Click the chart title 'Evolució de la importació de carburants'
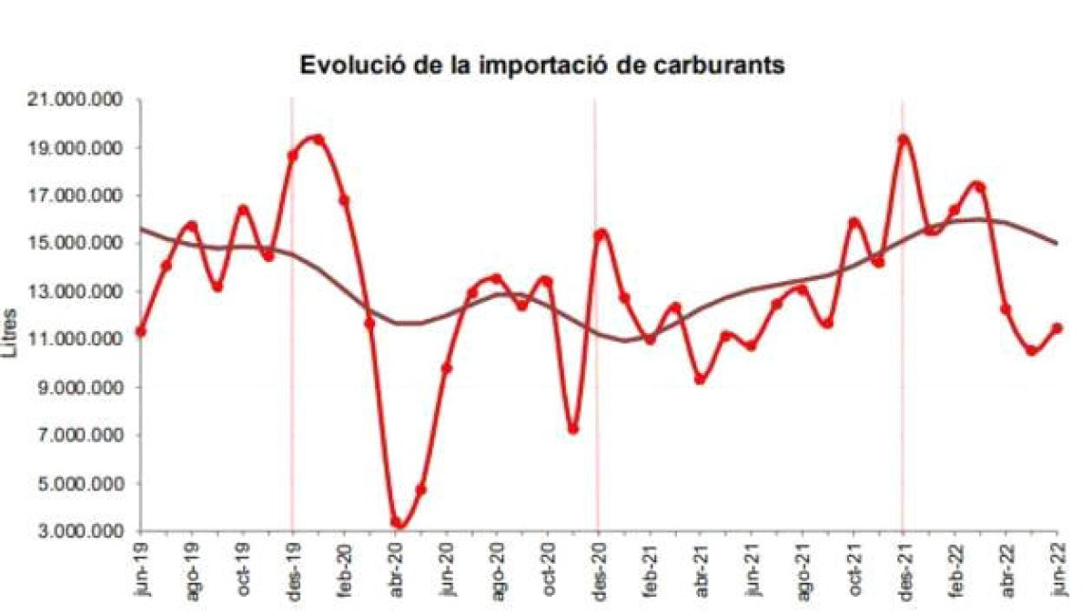click(542, 66)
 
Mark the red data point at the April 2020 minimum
click(397, 523)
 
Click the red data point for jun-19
click(140, 331)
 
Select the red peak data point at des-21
click(903, 140)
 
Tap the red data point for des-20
click(599, 235)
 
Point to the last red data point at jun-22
click(1057, 328)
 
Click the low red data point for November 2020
click(573, 428)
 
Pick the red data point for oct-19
click(243, 210)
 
